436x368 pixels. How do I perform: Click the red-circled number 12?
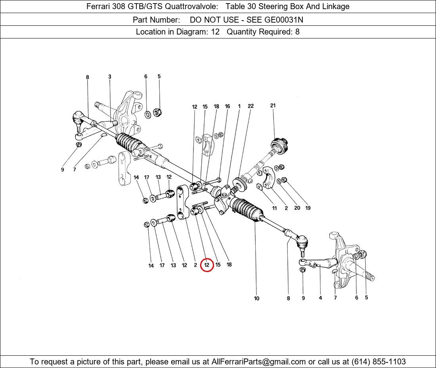[x=207, y=265]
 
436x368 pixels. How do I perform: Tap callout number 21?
[x=273, y=105]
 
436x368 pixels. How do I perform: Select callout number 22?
[x=251, y=106]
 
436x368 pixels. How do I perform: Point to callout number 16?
[x=228, y=106]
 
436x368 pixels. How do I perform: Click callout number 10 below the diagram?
[x=256, y=299]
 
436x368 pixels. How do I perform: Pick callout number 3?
[x=110, y=77]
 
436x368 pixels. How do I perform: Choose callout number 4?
[x=320, y=298]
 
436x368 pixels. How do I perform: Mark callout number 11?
[x=274, y=208]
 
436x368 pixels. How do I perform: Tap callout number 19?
[x=308, y=208]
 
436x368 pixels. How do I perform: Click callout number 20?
[x=297, y=208]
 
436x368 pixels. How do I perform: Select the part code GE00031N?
[x=284, y=20]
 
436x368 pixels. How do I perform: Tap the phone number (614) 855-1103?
[x=379, y=362]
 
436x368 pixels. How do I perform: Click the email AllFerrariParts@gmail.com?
[x=258, y=362]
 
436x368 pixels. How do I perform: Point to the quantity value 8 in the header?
[x=297, y=32]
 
